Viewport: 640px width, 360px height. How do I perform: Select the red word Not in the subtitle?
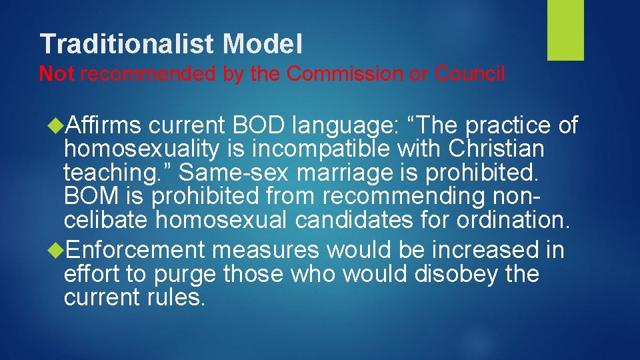point(57,74)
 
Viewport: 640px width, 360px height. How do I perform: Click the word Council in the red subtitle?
point(470,74)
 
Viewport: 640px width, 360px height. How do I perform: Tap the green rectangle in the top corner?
point(565,30)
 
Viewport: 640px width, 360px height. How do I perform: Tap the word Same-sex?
point(234,172)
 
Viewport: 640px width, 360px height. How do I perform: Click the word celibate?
point(106,219)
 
